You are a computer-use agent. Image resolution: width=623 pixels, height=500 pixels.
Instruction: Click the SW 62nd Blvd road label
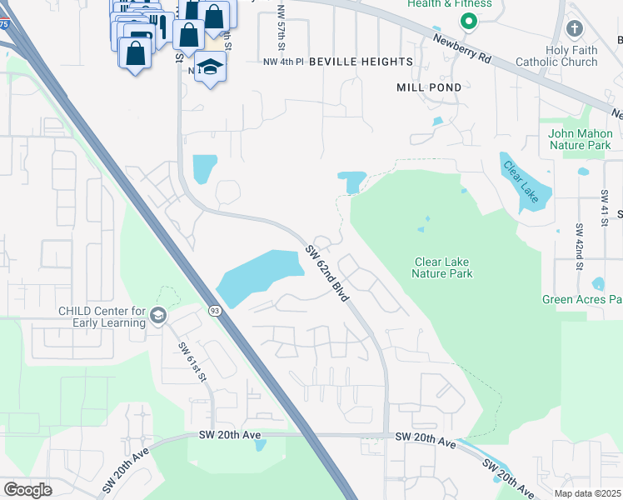[326, 273]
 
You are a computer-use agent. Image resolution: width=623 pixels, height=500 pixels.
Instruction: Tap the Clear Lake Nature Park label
[443, 267]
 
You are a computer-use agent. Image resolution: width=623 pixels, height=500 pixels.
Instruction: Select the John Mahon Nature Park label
[581, 139]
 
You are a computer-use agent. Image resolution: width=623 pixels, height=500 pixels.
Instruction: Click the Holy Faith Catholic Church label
[571, 56]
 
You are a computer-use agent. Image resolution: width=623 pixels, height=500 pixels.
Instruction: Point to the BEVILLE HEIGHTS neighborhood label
[361, 62]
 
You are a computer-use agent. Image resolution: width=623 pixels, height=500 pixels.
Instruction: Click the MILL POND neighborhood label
[428, 87]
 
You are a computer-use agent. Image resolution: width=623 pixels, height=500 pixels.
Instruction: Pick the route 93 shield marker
[215, 311]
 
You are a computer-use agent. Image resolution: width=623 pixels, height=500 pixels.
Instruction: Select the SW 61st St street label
[192, 360]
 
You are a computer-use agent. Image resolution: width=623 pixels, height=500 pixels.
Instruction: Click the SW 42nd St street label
[577, 241]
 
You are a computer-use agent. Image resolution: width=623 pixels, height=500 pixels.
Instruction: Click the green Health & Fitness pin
[468, 22]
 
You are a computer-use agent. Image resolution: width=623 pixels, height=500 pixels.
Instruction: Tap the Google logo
[28, 490]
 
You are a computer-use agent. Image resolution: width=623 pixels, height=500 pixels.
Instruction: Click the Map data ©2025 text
[587, 493]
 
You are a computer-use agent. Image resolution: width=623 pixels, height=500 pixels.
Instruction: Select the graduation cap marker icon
[211, 67]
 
